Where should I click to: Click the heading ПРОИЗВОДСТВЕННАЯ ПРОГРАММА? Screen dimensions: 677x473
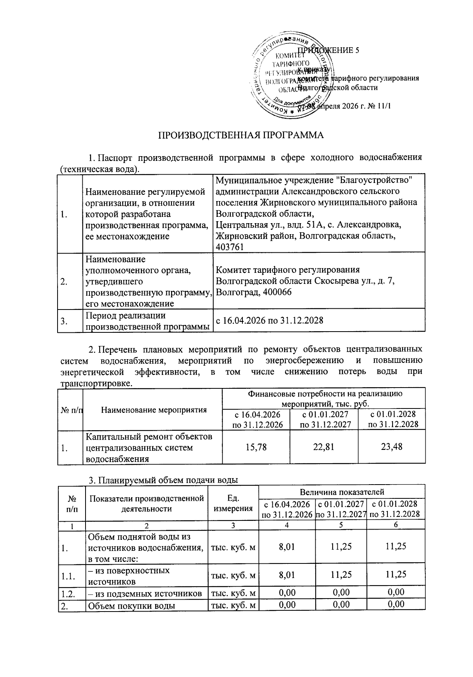[x=241, y=135]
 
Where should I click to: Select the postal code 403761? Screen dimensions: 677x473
[x=229, y=247]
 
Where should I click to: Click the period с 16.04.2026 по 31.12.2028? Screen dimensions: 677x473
[x=270, y=320]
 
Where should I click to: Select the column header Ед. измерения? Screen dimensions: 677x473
[x=233, y=503]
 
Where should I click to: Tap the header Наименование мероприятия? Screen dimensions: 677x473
[x=154, y=410]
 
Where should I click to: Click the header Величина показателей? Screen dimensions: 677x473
[x=342, y=492]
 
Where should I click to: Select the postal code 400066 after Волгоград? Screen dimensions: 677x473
[x=276, y=293]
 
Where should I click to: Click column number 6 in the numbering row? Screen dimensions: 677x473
[x=395, y=524]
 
